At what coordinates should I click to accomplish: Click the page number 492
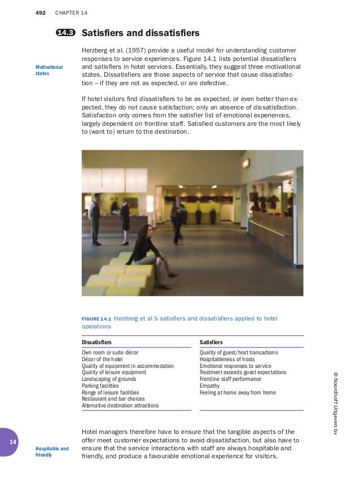pyautogui.click(x=40, y=12)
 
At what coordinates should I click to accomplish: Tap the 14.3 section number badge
pyautogui.click(x=66, y=33)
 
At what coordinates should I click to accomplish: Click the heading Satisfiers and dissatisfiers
pyautogui.click(x=141, y=33)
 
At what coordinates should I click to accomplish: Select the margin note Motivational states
pyautogui.click(x=49, y=71)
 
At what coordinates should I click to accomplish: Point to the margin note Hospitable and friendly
pyautogui.click(x=52, y=451)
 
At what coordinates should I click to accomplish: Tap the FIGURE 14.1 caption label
pyautogui.click(x=99, y=319)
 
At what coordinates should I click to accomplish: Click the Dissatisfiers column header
pyautogui.click(x=96, y=342)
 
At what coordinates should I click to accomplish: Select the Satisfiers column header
pyautogui.click(x=211, y=342)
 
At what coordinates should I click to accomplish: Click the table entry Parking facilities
pyautogui.click(x=100, y=386)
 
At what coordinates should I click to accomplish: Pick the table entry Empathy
pyautogui.click(x=210, y=386)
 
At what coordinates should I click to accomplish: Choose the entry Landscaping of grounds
pyautogui.click(x=108, y=379)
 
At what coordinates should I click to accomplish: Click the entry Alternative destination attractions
pyautogui.click(x=120, y=406)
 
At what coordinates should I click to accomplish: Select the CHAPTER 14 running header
pyautogui.click(x=71, y=12)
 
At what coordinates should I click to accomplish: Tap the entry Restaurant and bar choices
pyautogui.click(x=113, y=399)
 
